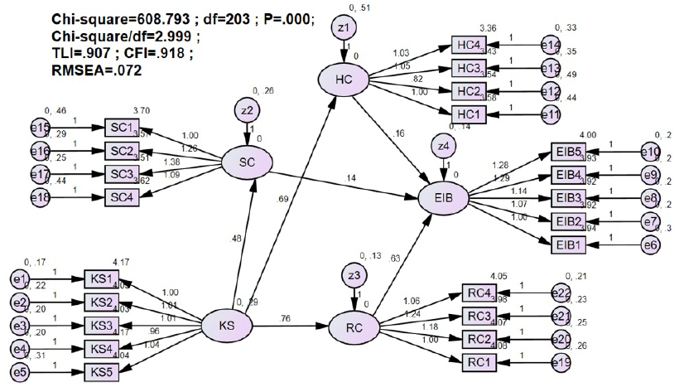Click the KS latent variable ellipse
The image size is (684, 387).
[226, 326]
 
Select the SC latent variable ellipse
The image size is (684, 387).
[246, 163]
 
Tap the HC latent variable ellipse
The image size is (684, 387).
[343, 80]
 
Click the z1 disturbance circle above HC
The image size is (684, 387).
[342, 29]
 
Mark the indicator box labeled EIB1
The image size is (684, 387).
[569, 244]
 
